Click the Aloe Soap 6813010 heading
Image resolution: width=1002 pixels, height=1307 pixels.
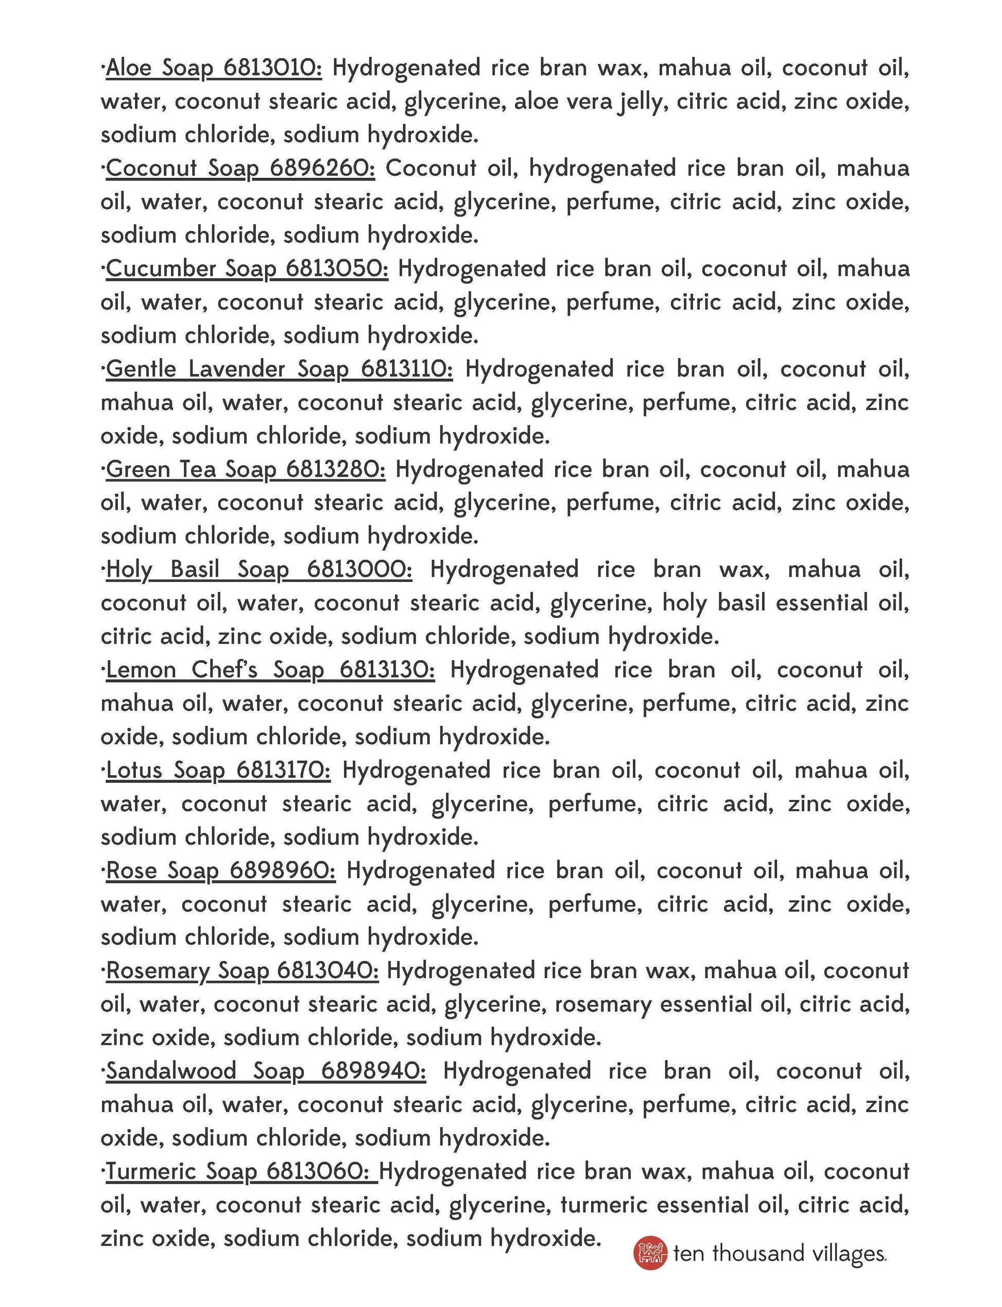click(214, 68)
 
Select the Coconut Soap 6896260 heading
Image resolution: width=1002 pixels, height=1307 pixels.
click(240, 169)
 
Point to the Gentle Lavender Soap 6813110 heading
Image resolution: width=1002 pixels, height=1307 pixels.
click(279, 369)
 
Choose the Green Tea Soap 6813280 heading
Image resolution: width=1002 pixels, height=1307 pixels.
click(246, 469)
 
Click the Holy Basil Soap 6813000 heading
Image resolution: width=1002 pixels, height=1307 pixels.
click(259, 569)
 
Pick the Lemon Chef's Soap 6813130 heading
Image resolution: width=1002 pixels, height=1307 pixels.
click(270, 669)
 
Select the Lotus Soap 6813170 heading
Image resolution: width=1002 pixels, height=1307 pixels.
click(218, 770)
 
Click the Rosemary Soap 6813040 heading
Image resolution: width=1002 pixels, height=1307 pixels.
click(242, 970)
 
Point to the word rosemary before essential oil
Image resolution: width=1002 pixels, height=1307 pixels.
click(603, 1004)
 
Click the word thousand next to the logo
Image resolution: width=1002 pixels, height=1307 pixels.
click(757, 1253)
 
